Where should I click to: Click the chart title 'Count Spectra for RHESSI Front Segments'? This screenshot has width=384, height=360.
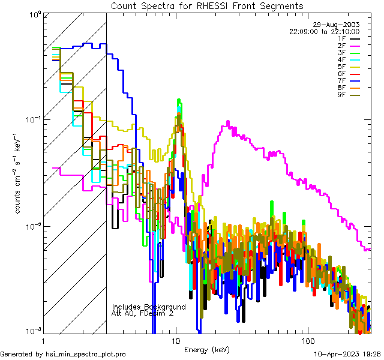[207, 5]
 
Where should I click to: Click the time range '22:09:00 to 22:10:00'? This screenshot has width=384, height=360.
[324, 31]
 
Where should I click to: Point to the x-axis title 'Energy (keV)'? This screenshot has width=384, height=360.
[207, 349]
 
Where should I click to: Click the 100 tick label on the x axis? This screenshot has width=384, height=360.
[307, 340]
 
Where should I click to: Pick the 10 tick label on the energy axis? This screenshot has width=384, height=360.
[176, 340]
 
